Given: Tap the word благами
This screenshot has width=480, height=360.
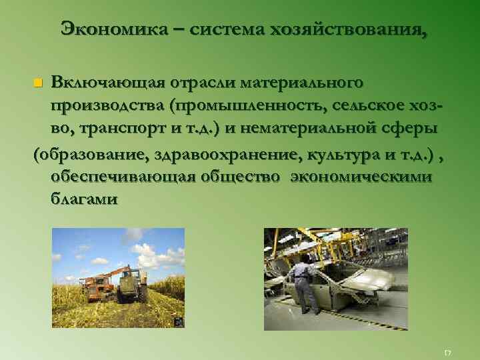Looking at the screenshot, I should tap(84, 199).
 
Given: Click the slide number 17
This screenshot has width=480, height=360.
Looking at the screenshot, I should tap(447, 351).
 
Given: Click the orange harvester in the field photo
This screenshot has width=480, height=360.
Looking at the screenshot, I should tap(97, 285).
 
